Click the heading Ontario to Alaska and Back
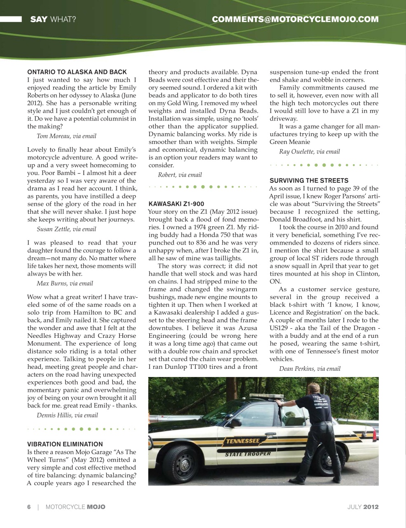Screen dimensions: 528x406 77,72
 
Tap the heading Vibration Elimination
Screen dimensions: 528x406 65,444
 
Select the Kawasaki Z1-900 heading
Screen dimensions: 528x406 176,204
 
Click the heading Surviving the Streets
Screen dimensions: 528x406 309,181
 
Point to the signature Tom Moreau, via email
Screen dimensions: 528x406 66,136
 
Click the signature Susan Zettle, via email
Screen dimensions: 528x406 66,229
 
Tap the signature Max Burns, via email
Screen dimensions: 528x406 65,283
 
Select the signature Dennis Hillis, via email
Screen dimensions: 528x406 67,415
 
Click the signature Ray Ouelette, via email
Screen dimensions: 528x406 310,152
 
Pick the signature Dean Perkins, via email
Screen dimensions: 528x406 310,369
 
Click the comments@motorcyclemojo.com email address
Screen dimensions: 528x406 295,19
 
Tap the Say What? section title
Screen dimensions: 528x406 53,19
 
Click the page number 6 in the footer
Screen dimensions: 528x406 29,507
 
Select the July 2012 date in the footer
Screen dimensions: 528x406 363,507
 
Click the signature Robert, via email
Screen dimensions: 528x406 180,175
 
